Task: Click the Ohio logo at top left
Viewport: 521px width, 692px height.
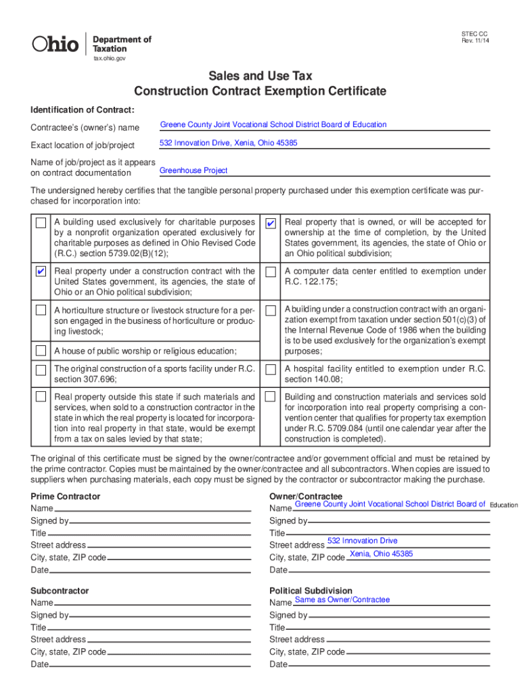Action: click(55, 44)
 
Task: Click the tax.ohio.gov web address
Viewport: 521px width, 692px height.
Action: click(109, 59)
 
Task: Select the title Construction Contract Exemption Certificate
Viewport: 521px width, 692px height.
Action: click(260, 91)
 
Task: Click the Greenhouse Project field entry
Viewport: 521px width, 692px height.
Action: click(193, 170)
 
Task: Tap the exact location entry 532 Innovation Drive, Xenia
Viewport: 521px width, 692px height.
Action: click(228, 143)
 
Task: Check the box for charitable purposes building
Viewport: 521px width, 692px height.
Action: click(41, 223)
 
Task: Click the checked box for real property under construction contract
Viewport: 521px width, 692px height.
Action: click(41, 272)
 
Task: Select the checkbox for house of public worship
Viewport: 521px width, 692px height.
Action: click(41, 350)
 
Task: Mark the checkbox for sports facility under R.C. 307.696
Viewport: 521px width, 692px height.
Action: click(41, 370)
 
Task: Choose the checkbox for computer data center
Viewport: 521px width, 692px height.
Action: click(271, 272)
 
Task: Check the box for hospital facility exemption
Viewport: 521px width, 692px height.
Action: click(271, 370)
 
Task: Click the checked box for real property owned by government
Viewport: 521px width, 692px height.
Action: click(271, 223)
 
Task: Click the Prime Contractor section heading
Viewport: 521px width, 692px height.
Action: click(65, 497)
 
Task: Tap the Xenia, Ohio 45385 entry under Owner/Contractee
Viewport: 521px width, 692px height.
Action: click(381, 554)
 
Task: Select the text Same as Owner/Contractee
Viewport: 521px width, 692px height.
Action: click(342, 599)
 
